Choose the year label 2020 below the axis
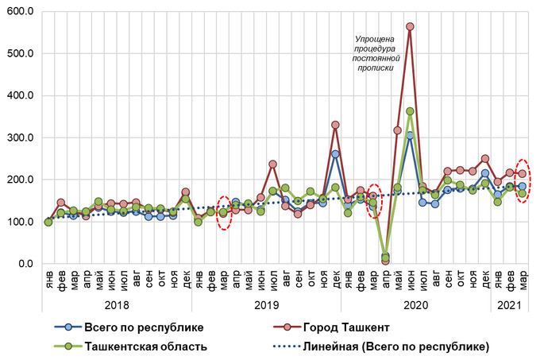pos(416,303)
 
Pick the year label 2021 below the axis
pos(510,303)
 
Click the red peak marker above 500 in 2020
pos(410,26)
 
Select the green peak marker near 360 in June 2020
pos(410,111)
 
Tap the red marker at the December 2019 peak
pos(335,125)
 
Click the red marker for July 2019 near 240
pos(273,165)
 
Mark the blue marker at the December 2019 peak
pos(335,154)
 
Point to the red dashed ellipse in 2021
pos(523,180)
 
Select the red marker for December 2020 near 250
pos(484,159)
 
